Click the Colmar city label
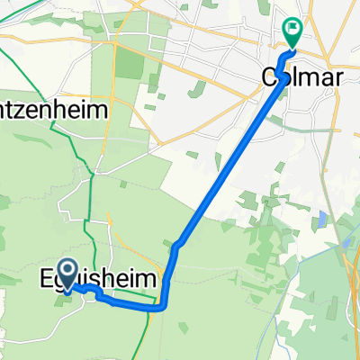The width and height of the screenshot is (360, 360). [x=301, y=78]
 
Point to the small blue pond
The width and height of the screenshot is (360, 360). [x=321, y=219]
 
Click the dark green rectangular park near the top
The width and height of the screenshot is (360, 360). [x=130, y=63]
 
